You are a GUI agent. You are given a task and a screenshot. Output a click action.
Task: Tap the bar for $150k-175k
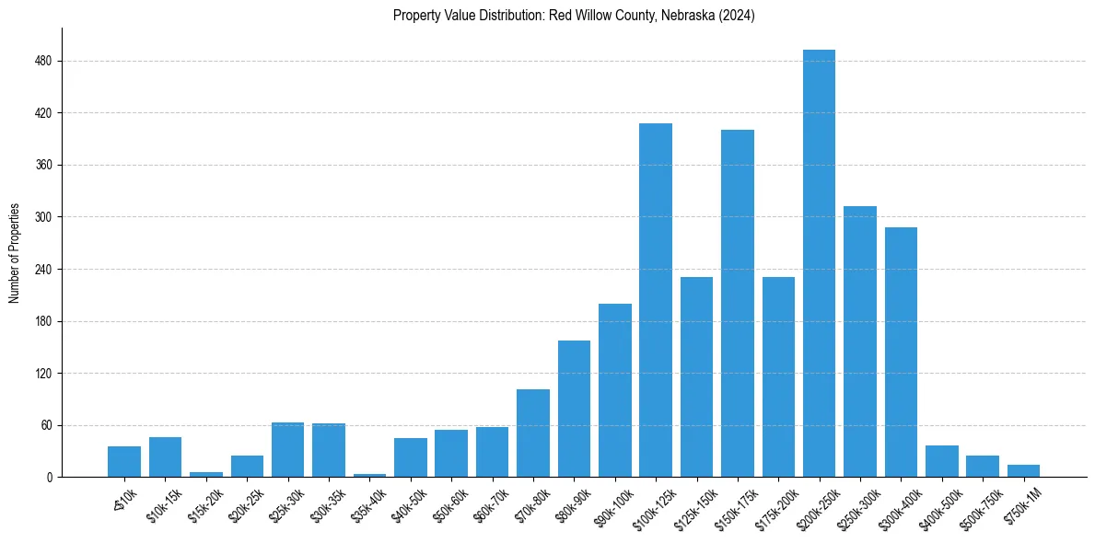(x=738, y=304)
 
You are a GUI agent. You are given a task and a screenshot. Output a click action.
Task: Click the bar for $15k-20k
(x=206, y=474)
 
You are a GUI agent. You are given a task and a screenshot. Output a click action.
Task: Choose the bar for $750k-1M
(x=1023, y=471)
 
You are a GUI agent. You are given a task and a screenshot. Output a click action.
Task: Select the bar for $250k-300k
(x=860, y=341)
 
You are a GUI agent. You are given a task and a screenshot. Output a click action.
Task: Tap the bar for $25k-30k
(x=288, y=450)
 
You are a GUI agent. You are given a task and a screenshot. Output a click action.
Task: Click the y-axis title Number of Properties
(x=15, y=253)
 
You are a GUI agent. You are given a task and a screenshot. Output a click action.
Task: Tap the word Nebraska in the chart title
(x=676, y=16)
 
